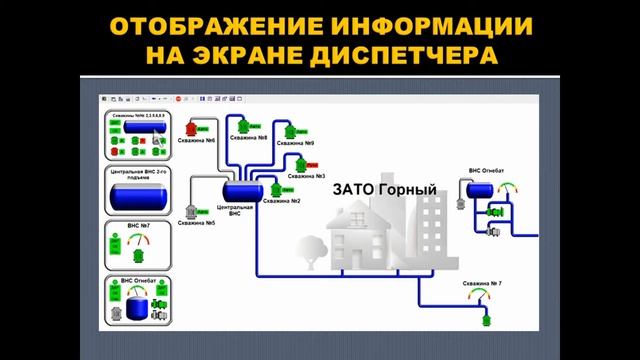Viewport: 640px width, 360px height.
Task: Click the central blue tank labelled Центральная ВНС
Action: [x=241, y=189]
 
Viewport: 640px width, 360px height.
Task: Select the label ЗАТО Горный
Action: [x=370, y=187]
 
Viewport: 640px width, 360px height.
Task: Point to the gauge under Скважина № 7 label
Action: [x=485, y=298]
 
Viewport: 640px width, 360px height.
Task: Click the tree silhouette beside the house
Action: [x=307, y=250]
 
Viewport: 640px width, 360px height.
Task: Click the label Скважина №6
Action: [x=198, y=141]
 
